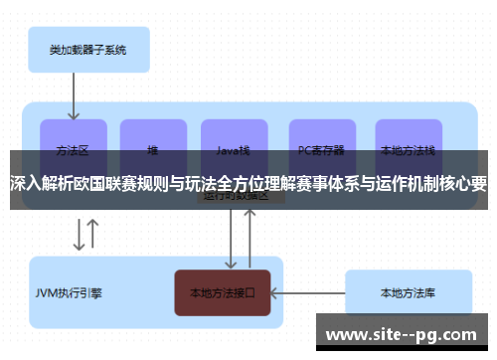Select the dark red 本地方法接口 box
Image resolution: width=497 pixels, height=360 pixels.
tap(223, 293)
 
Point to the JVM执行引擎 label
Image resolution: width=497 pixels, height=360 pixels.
tap(69, 293)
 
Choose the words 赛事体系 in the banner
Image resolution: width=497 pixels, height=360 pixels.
tap(329, 184)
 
